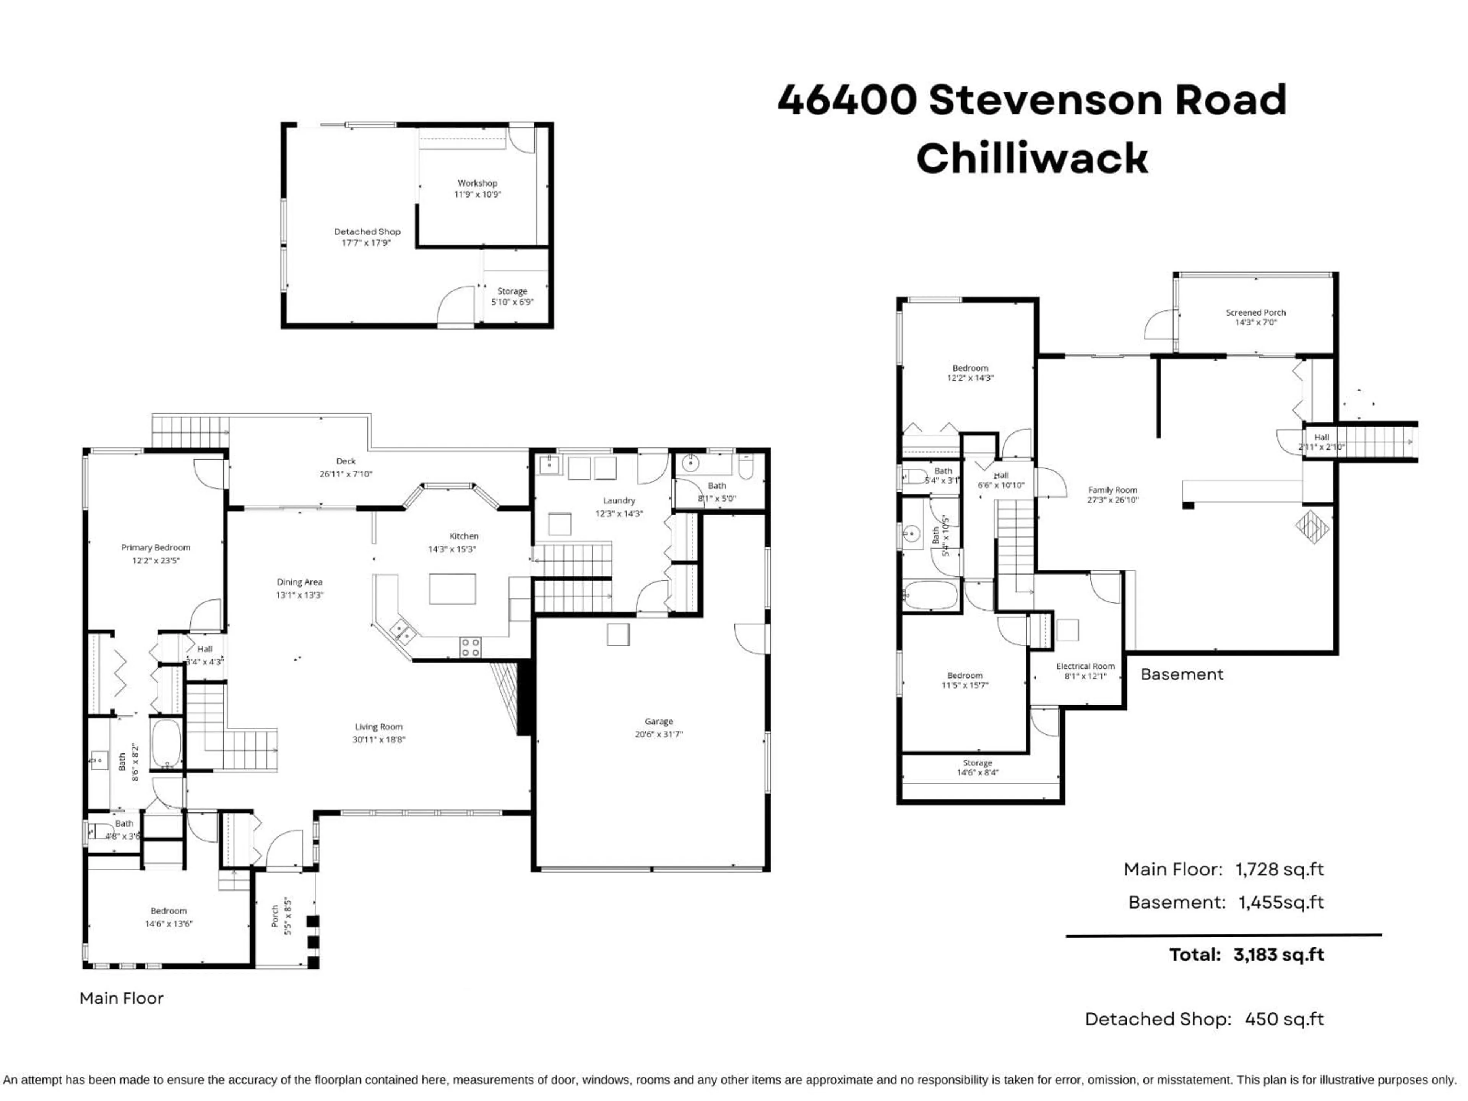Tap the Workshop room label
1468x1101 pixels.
point(477,183)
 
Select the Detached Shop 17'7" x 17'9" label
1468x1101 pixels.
point(367,237)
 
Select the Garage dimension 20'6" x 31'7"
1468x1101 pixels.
point(658,734)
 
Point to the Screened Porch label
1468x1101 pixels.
point(1255,313)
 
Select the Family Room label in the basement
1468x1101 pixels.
point(1112,490)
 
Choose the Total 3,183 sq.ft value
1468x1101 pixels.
point(1278,955)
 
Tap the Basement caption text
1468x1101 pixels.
point(1181,674)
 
